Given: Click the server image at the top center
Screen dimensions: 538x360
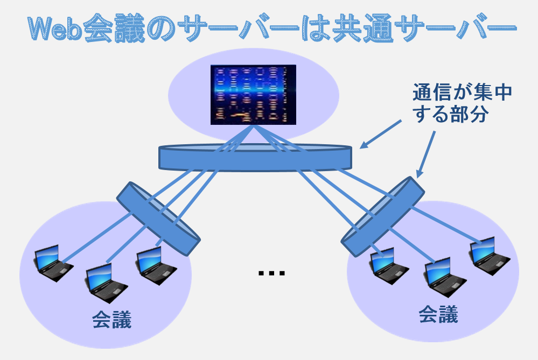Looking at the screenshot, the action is tap(253, 95).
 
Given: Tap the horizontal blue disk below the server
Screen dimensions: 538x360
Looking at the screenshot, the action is tap(255, 157).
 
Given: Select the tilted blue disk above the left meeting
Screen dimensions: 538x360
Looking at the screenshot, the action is tap(158, 218).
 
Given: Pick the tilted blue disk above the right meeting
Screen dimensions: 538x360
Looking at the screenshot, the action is tap(382, 216).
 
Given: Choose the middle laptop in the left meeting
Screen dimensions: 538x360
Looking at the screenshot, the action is tap(106, 283).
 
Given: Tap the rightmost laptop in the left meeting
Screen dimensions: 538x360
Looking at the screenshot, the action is tap(156, 266).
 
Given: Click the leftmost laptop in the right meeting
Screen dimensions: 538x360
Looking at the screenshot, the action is tap(388, 266).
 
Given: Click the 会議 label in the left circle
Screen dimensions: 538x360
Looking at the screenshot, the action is tap(112, 320).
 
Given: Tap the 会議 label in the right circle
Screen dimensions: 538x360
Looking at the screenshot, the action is tap(438, 314).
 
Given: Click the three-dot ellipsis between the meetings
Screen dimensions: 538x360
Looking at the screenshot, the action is tap(271, 273).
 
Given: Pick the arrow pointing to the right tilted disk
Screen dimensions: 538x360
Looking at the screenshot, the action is tap(426, 154).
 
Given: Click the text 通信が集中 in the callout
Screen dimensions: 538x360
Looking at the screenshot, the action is tap(462, 93).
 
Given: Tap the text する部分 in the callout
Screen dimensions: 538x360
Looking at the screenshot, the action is tap(451, 114).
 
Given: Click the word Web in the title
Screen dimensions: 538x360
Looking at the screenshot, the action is tap(55, 28).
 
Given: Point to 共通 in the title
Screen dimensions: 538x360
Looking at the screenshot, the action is tap(362, 28).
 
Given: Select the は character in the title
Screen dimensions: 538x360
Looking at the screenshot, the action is tap(316, 28).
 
